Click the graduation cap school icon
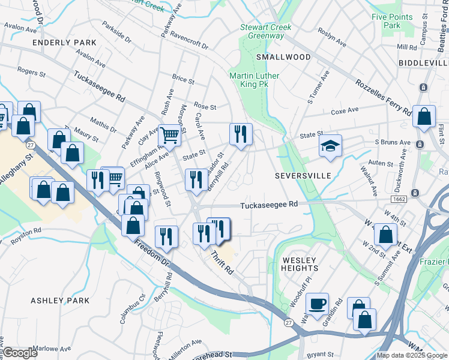[x=330, y=146]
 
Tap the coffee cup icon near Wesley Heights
[x=318, y=304]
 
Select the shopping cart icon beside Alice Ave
[x=170, y=136]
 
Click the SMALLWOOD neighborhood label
[x=283, y=57]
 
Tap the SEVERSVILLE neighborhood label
[x=303, y=176]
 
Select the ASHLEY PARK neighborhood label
[x=60, y=301]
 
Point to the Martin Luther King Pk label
[x=249, y=80]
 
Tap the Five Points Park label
[x=385, y=21]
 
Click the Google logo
[x=20, y=353]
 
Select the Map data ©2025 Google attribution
[x=412, y=355]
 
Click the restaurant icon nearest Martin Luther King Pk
[x=241, y=135]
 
